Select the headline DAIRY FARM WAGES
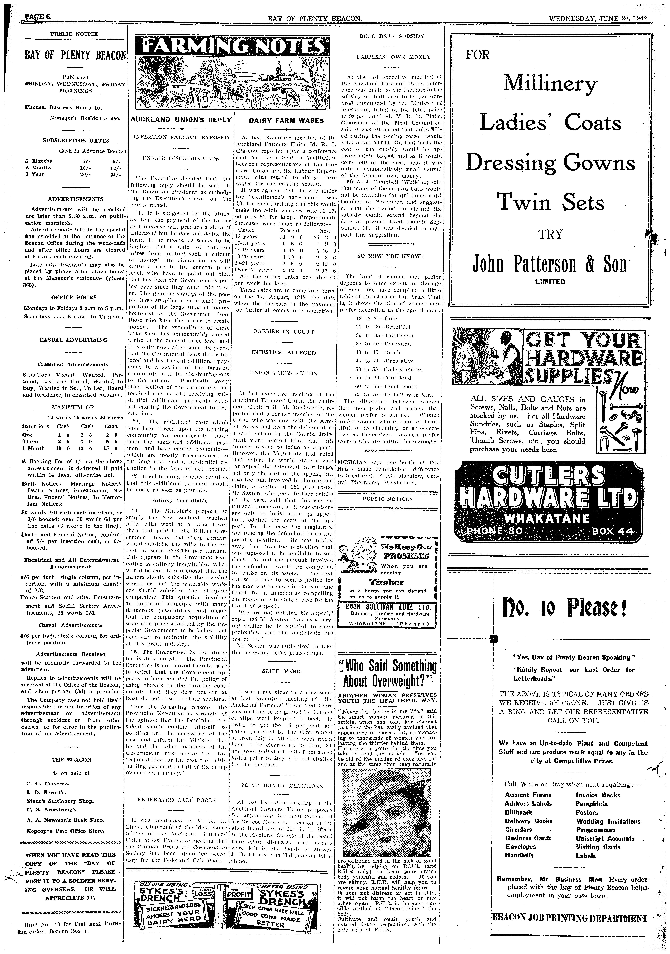[x=286, y=120]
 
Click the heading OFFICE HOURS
[x=74, y=298]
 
